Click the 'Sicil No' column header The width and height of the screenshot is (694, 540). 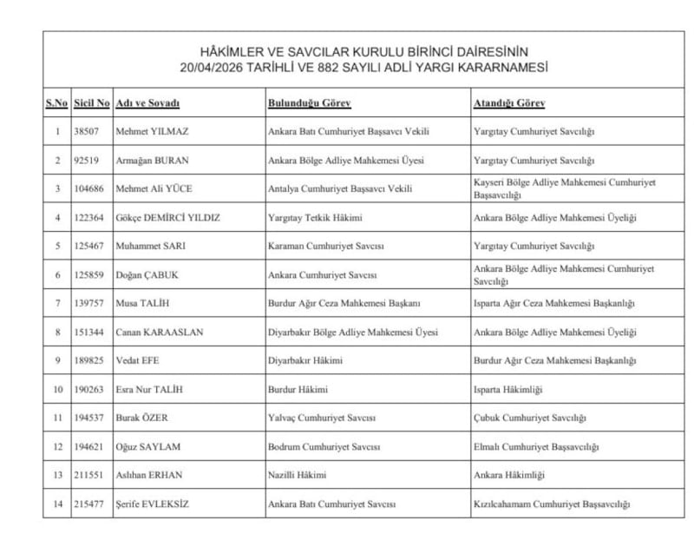tap(91, 103)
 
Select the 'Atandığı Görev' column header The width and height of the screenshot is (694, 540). tap(508, 103)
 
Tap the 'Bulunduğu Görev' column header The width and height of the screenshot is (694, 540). tap(309, 103)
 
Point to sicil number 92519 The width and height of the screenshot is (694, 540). tap(91, 161)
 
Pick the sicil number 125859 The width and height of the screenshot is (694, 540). tap(91, 275)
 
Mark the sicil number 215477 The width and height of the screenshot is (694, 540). tap(91, 504)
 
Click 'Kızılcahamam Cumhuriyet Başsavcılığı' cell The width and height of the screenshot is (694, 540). tap(552, 504)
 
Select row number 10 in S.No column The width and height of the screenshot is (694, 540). tap(56, 390)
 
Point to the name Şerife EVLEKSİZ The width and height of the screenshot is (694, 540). tap(154, 504)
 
